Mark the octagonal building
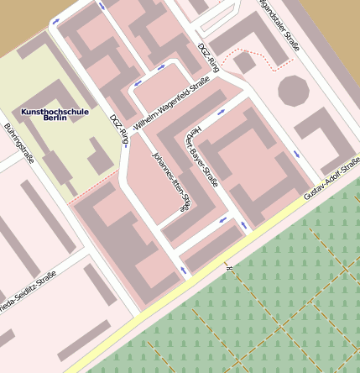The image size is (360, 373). [293, 90]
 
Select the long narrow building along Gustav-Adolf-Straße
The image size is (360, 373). [214, 250]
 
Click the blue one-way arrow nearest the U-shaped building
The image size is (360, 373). [298, 155]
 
